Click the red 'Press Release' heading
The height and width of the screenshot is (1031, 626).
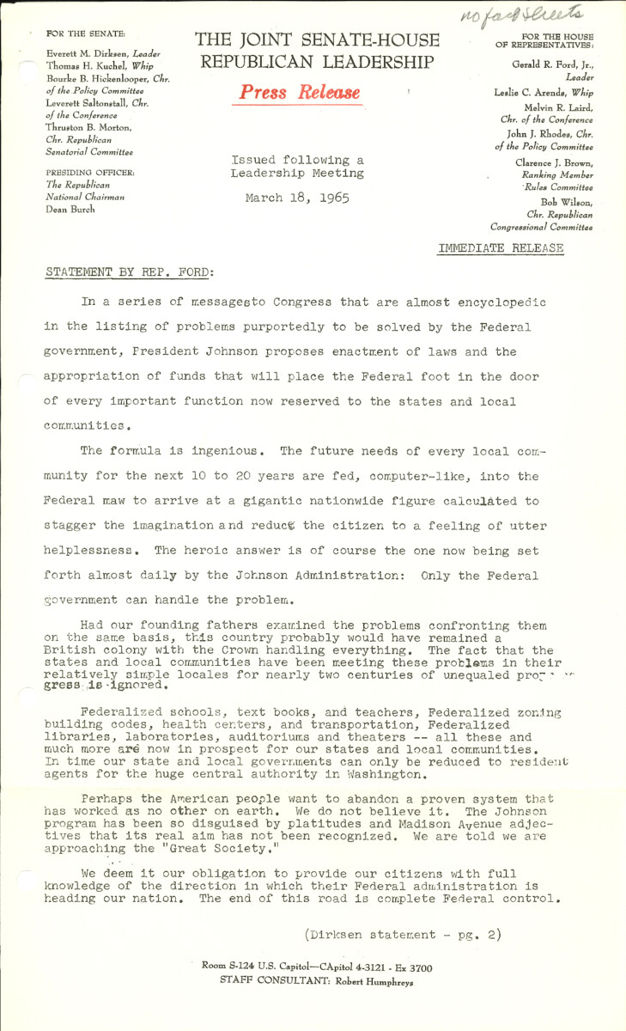[296, 93]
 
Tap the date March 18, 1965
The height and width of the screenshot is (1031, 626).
[296, 198]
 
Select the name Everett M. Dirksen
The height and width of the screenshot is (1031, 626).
[85, 53]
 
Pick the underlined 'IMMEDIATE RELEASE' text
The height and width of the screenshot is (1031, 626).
[501, 248]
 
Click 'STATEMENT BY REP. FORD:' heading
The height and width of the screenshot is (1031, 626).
[130, 272]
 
